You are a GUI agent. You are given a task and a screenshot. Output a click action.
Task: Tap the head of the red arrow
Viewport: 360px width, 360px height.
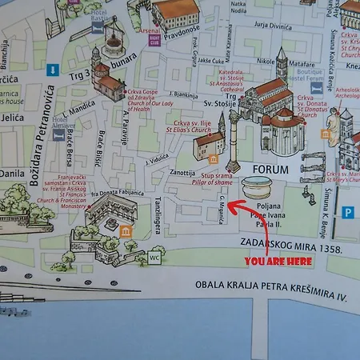(x=230, y=206)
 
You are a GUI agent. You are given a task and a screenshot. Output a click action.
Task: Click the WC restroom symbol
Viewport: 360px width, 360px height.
(x=156, y=259)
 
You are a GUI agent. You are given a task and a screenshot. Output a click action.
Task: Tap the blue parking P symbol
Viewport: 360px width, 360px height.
(x=348, y=213)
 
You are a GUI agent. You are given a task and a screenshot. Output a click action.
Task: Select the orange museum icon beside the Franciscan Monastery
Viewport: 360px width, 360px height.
(x=126, y=230)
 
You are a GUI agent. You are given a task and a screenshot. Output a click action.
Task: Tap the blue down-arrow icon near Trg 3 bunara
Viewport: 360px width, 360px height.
(x=53, y=69)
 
